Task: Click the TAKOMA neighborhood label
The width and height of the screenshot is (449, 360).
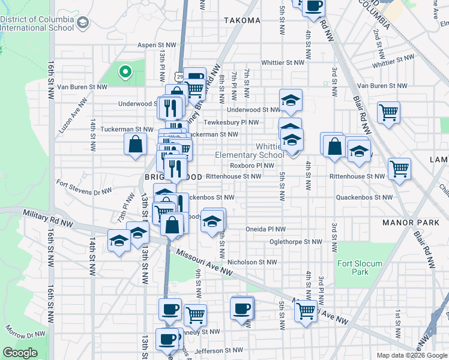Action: pyautogui.click(x=243, y=20)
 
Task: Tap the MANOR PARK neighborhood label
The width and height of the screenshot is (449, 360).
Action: pyautogui.click(x=411, y=223)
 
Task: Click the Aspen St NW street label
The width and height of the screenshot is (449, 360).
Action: pyautogui.click(x=157, y=45)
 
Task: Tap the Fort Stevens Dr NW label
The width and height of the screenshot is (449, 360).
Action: pyautogui.click(x=84, y=187)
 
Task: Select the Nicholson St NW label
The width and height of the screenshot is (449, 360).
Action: pyautogui.click(x=252, y=262)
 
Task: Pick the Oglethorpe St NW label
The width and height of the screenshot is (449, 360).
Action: pyautogui.click(x=295, y=242)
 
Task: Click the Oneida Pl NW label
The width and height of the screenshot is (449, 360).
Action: pyautogui.click(x=265, y=229)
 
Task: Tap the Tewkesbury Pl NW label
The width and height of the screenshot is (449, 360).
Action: pyautogui.click(x=231, y=122)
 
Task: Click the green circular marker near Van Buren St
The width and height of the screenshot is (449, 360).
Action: pyautogui.click(x=125, y=73)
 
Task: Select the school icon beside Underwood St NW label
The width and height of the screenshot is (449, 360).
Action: pyautogui.click(x=291, y=101)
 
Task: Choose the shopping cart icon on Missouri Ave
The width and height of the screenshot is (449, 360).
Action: pyautogui.click(x=306, y=311)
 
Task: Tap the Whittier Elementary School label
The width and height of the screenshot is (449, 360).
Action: pyautogui.click(x=250, y=151)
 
